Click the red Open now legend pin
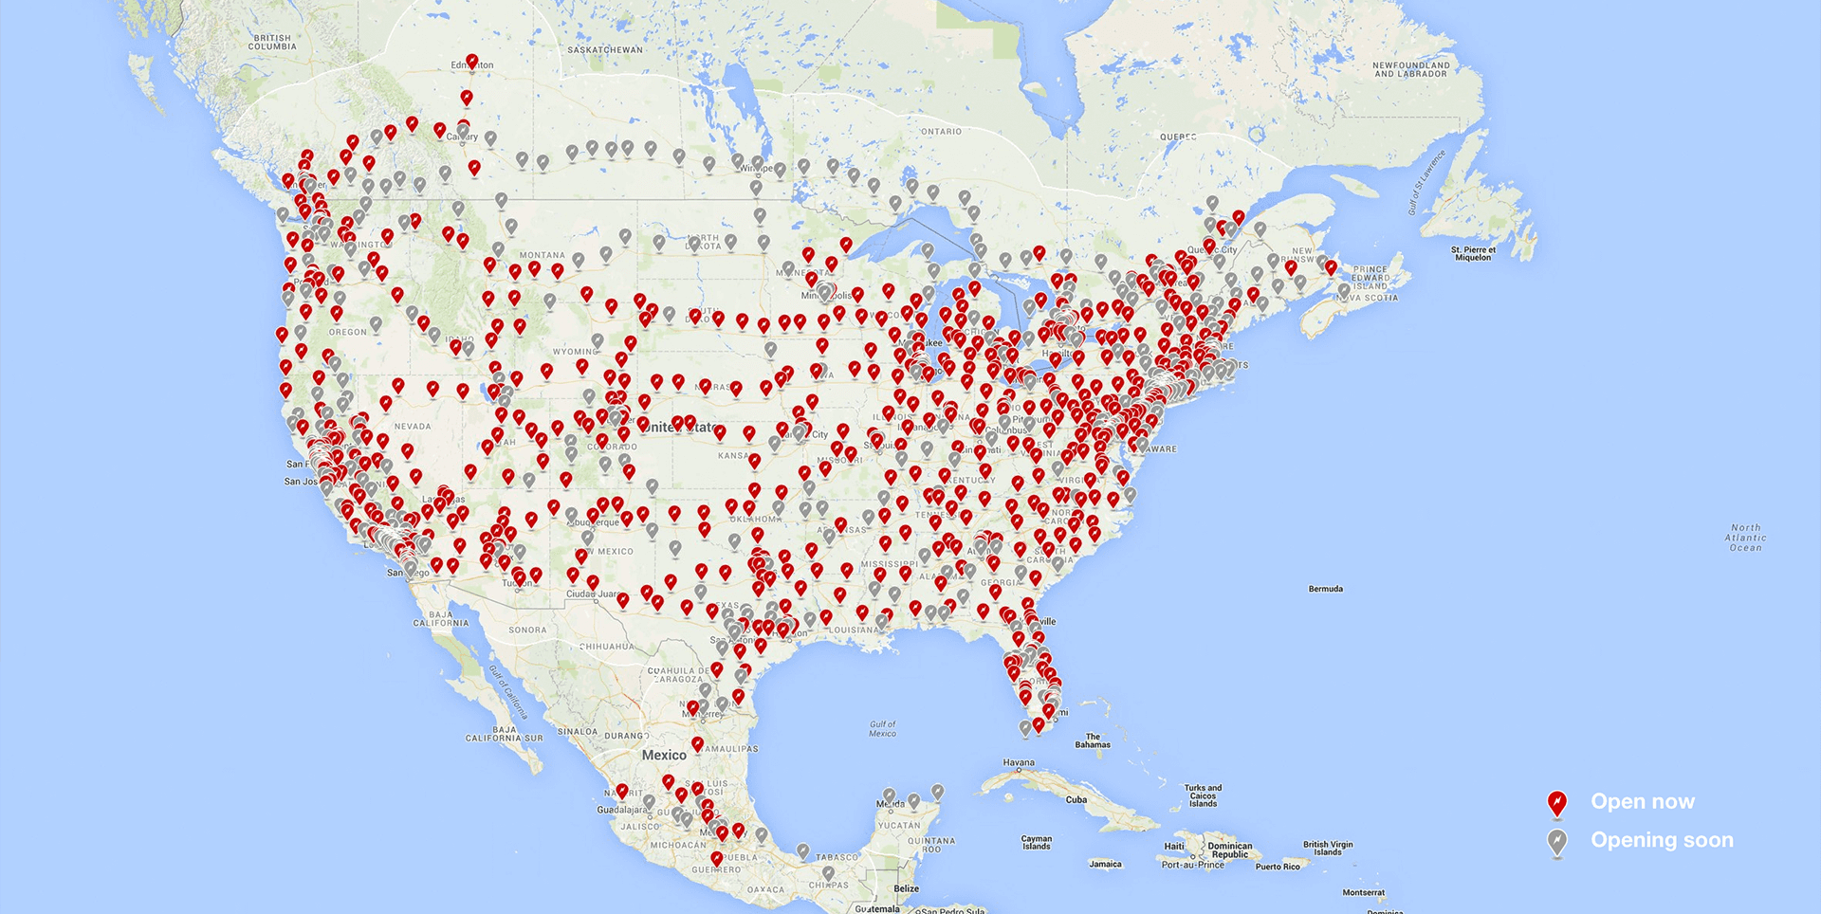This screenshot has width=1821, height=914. pyautogui.click(x=1556, y=804)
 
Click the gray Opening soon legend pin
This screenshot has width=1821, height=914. pyautogui.click(x=1556, y=842)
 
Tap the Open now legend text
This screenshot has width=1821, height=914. pyautogui.click(x=1642, y=802)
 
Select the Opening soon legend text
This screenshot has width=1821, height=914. pyautogui.click(x=1662, y=840)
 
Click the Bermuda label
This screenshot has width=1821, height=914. pyautogui.click(x=1325, y=589)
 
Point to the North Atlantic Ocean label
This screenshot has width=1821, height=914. pyautogui.click(x=1745, y=538)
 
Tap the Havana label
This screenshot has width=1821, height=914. pyautogui.click(x=1019, y=762)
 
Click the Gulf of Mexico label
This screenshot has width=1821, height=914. pyautogui.click(x=882, y=728)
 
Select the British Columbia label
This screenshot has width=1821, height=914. pyautogui.click(x=272, y=43)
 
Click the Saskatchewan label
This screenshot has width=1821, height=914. pyautogui.click(x=604, y=50)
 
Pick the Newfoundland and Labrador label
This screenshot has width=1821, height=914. pyautogui.click(x=1410, y=69)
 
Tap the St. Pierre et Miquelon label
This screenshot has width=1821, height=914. pyautogui.click(x=1472, y=253)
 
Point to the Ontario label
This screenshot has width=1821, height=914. pyautogui.click(x=941, y=132)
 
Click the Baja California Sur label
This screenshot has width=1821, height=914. pyautogui.click(x=504, y=734)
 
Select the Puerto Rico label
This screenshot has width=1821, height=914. pyautogui.click(x=1278, y=867)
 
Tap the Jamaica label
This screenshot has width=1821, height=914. pyautogui.click(x=1105, y=864)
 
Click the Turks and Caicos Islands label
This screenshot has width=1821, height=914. pyautogui.click(x=1203, y=795)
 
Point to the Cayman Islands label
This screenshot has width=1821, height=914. pyautogui.click(x=1036, y=842)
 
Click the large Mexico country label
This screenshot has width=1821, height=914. pyautogui.click(x=664, y=756)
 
